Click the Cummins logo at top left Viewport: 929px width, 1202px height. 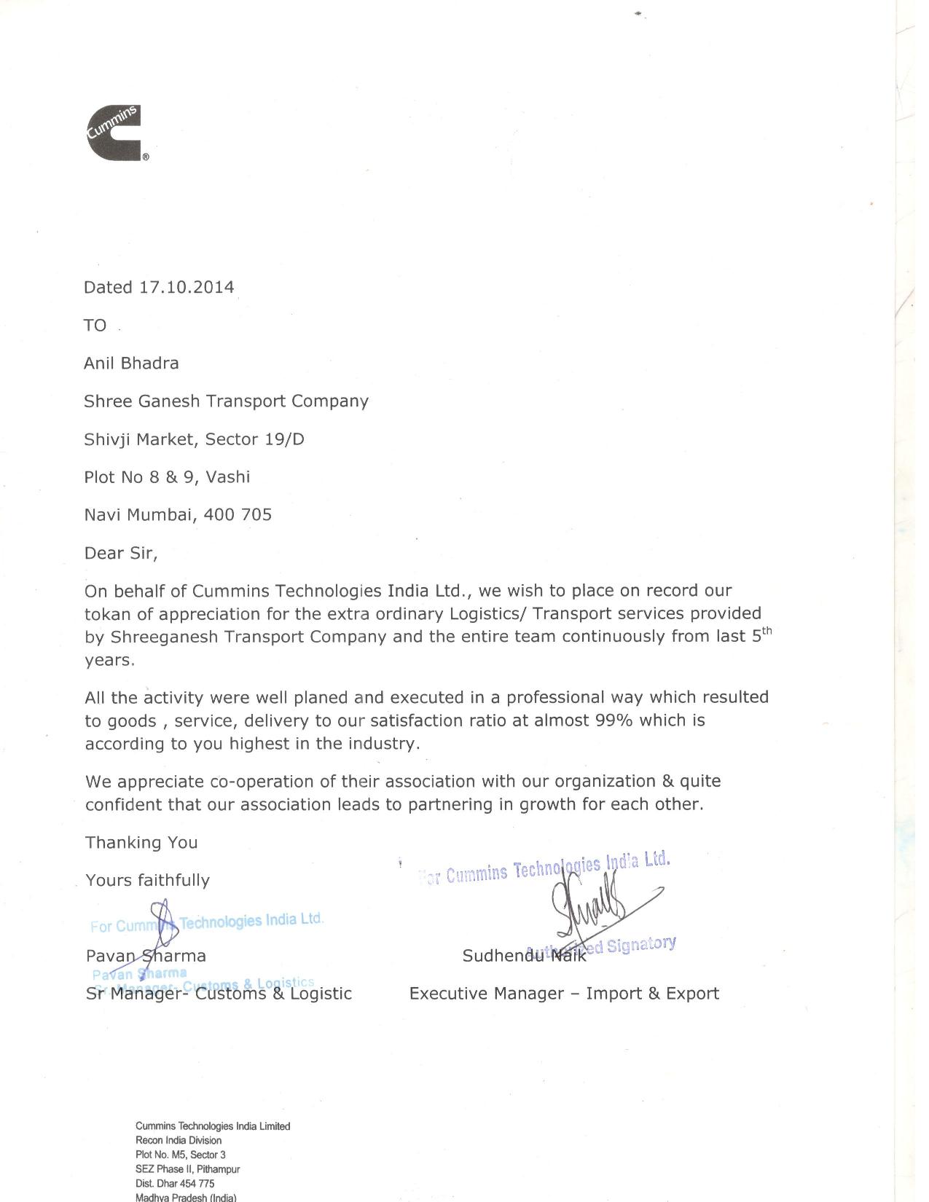114,133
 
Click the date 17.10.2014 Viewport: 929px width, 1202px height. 187,287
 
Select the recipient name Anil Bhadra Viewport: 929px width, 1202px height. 131,363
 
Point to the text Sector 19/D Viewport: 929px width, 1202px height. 254,439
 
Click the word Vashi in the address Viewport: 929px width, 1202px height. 228,477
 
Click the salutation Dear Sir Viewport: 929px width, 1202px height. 120,553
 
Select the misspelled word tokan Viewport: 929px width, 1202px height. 106,613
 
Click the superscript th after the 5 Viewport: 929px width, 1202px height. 767,631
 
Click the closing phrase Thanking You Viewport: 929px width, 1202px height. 141,842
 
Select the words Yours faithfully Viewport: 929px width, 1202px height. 147,880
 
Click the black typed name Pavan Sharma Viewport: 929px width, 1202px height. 146,956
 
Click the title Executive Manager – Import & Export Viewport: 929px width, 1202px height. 564,994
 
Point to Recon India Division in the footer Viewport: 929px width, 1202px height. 179,1140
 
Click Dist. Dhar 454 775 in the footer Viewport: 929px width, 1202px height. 175,1184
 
